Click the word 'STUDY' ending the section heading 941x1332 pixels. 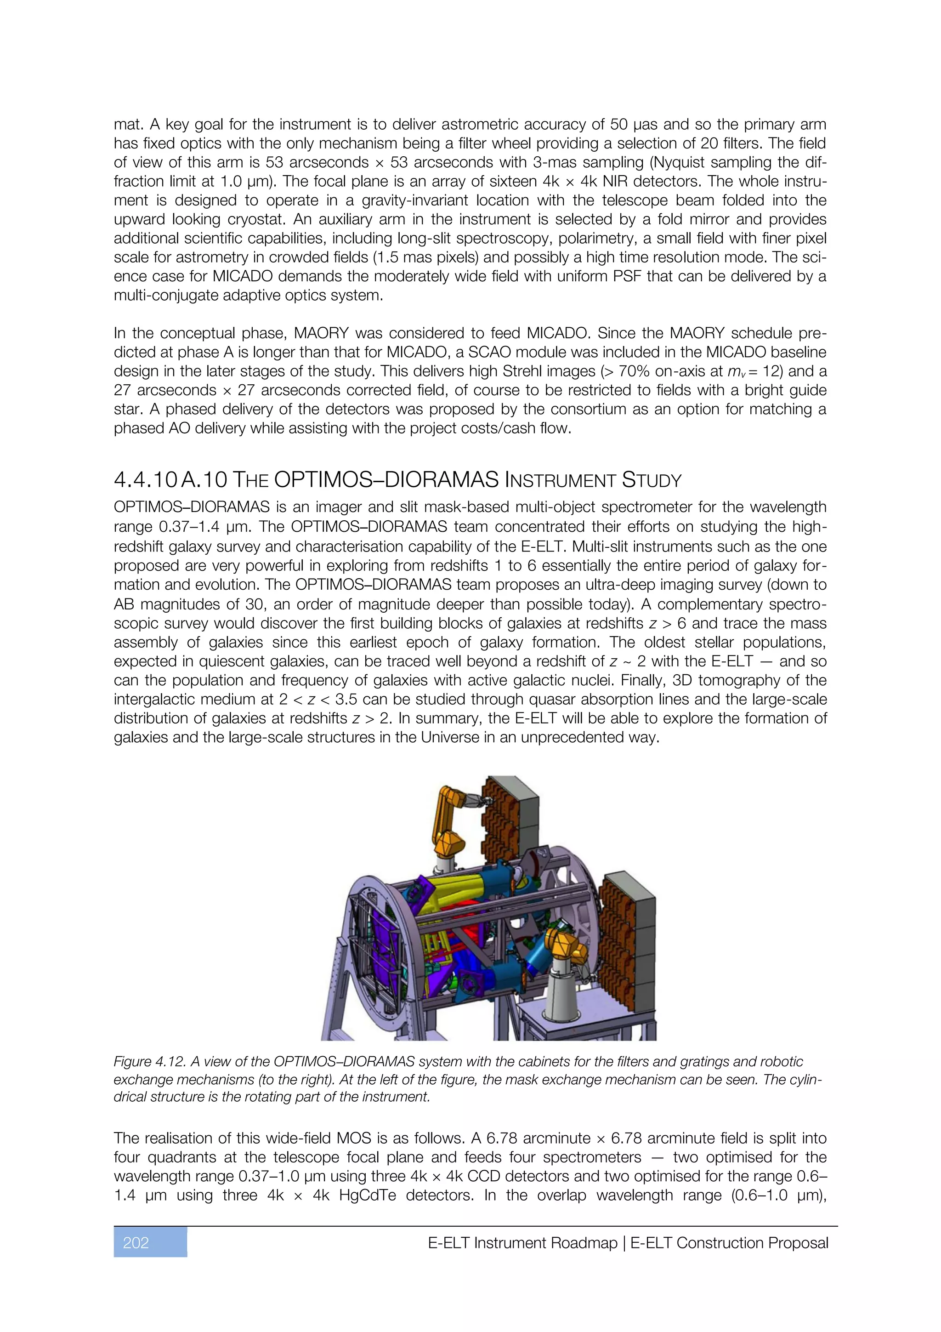pyautogui.click(x=652, y=480)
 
